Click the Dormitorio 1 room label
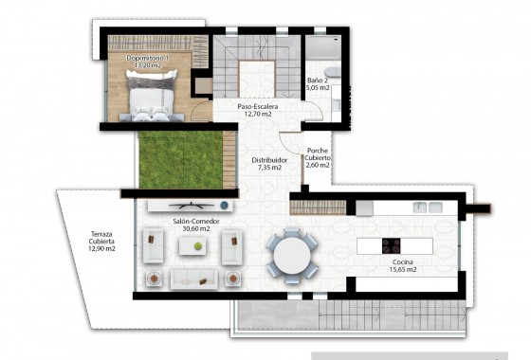click(x=148, y=58)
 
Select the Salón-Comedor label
click(x=191, y=221)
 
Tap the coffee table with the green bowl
click(x=197, y=246)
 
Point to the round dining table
click(x=291, y=253)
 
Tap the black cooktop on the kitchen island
click(x=392, y=245)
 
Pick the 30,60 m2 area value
click(x=191, y=229)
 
